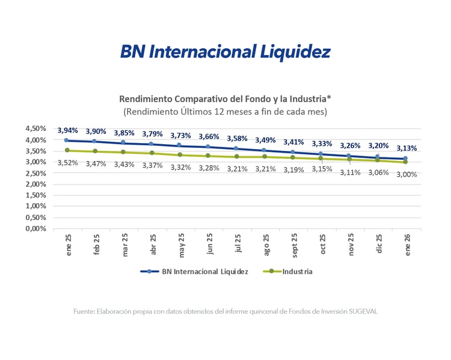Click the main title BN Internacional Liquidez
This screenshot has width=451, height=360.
(225, 52)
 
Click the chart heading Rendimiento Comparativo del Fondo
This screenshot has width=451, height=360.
(225, 99)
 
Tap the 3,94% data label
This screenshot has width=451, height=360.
(68, 130)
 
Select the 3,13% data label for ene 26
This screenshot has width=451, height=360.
(406, 148)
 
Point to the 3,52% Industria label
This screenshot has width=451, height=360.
(68, 162)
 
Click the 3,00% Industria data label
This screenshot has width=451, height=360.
(406, 174)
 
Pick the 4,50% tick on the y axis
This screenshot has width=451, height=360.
(35, 129)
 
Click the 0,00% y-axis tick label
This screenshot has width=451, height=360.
(35, 228)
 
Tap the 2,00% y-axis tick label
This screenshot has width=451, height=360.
(35, 184)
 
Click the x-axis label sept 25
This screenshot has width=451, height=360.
(293, 244)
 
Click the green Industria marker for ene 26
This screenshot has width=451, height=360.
(406, 162)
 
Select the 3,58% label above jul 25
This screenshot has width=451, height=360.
(237, 139)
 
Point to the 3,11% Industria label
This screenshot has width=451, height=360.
(350, 172)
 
